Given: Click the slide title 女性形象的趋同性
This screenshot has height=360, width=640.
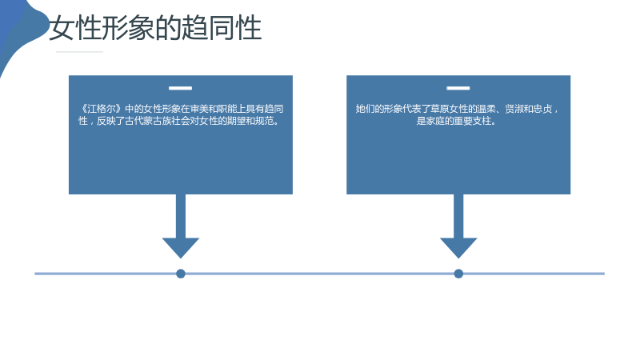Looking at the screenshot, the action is click(155, 28).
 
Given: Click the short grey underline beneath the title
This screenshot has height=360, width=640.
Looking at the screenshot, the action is click(79, 52).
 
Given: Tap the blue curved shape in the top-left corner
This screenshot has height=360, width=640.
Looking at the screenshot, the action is click(21, 29).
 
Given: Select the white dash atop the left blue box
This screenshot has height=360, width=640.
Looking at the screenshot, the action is click(181, 88).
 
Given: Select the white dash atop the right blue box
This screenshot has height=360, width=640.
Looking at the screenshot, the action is click(458, 88).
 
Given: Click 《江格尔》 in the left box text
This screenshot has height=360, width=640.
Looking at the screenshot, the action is click(101, 109).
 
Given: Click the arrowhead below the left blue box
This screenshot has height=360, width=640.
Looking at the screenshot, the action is click(181, 246).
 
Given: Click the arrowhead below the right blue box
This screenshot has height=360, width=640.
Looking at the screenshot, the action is click(458, 246).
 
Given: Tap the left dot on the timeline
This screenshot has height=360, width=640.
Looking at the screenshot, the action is click(181, 274).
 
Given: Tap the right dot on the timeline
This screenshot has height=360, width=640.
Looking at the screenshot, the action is click(458, 274).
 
